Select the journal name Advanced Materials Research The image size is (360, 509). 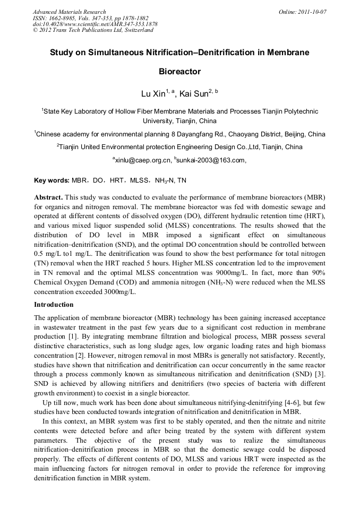pyautogui.click(x=69, y=11)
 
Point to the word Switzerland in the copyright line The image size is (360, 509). pyautogui.click(x=135, y=30)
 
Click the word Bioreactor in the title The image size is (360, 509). pyautogui.click(x=179, y=71)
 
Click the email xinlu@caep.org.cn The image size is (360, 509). pyautogui.click(x=143, y=160)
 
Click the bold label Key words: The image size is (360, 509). pyautogui.click(x=52, y=180)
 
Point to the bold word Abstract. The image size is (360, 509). pyautogui.click(x=48, y=197)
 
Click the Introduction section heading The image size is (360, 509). pyautogui.click(x=54, y=305)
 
